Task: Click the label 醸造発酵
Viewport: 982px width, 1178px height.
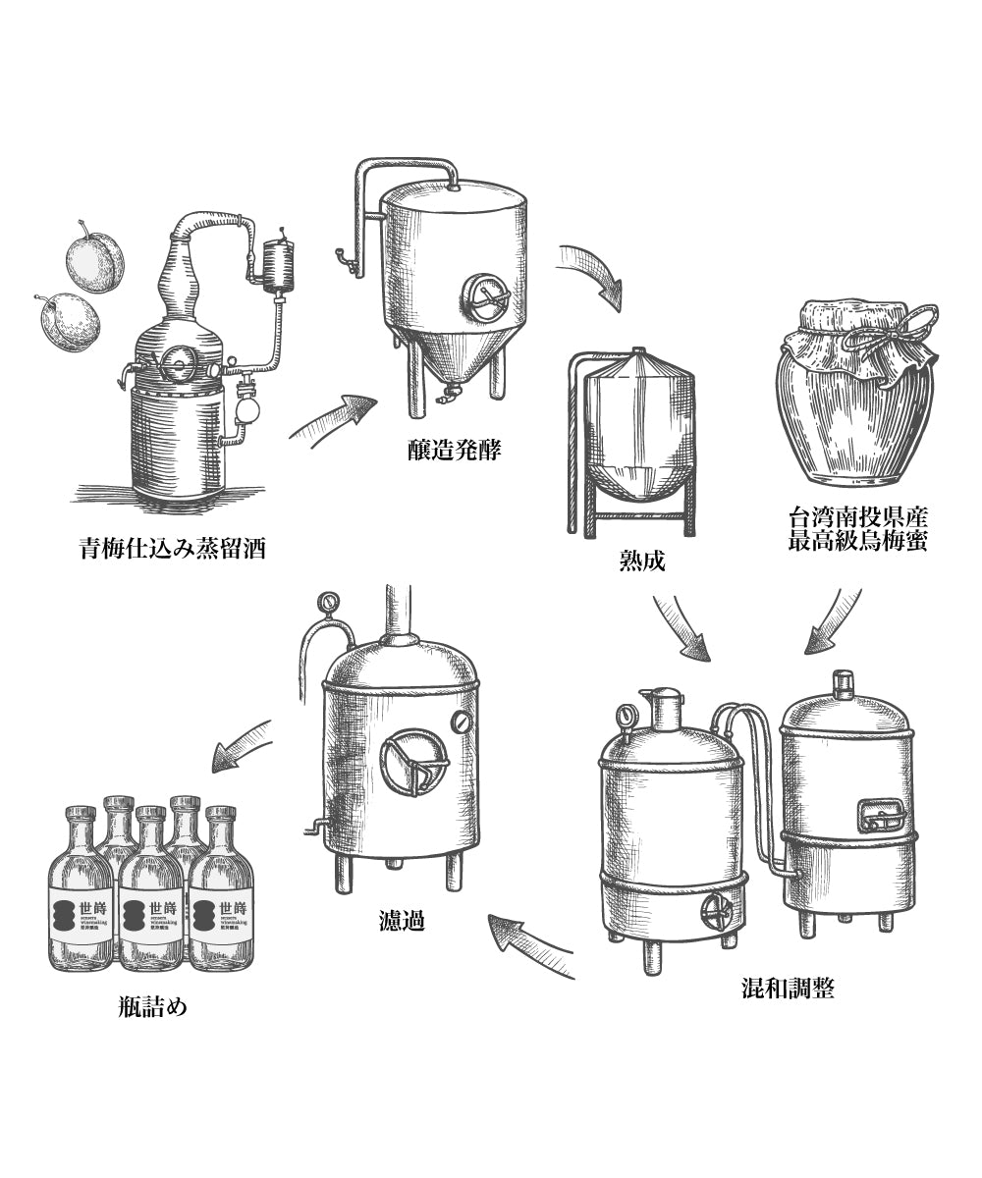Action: pyautogui.click(x=454, y=451)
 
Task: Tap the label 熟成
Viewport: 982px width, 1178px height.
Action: pyautogui.click(x=643, y=561)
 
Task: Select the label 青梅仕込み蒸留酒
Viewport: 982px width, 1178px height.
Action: pyautogui.click(x=173, y=547)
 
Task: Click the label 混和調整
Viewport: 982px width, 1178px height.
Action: pyautogui.click(x=788, y=988)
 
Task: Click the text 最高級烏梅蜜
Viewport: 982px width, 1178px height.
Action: pyautogui.click(x=857, y=540)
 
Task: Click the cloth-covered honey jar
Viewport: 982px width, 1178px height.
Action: pyautogui.click(x=855, y=393)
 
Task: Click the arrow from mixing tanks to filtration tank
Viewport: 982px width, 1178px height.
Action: pyautogui.click(x=530, y=942)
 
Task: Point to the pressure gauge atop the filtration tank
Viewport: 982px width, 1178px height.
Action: pyautogui.click(x=327, y=600)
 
